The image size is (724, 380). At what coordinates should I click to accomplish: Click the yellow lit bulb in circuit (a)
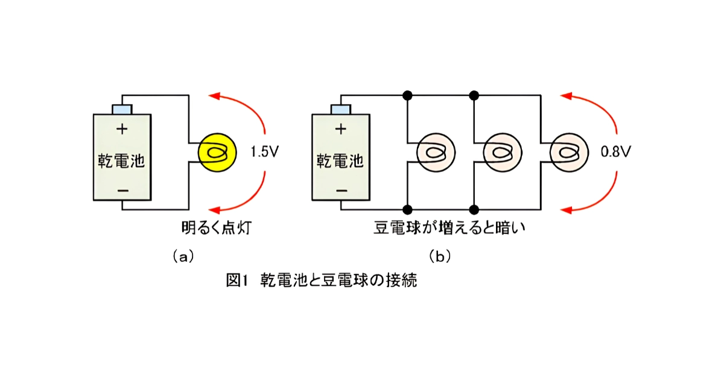coord(217,153)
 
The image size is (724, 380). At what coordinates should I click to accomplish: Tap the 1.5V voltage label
coord(265,152)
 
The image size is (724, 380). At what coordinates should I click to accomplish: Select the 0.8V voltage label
coord(616,152)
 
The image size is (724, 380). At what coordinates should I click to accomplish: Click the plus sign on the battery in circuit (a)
coord(122,129)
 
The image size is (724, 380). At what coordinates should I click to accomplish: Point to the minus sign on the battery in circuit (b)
coord(341,191)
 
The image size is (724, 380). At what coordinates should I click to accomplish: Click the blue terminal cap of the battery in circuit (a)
coord(122,109)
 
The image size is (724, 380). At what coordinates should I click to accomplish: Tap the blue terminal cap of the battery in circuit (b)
coord(341,109)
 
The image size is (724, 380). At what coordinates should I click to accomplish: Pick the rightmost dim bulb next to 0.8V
coord(569,153)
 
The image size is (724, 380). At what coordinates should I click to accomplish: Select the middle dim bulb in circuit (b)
coord(502,153)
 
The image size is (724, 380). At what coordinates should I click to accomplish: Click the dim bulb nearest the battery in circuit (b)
coord(436,153)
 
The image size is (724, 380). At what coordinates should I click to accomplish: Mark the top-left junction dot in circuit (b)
coord(407,95)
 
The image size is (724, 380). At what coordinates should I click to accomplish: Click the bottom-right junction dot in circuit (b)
coord(474,210)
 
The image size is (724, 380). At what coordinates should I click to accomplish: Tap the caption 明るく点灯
coord(216,228)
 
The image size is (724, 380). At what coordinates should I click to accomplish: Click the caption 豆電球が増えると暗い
coord(449,228)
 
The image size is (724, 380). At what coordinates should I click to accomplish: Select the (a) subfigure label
coord(183,257)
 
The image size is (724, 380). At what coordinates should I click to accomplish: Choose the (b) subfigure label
coord(440,257)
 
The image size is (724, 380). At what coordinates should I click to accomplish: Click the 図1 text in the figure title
coord(237,280)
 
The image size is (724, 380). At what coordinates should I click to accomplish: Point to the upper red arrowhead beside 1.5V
coord(215,96)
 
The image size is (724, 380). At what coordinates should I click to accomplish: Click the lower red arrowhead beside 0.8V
coord(567,211)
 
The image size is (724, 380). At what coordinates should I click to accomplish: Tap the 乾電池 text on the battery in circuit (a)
coord(121,160)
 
